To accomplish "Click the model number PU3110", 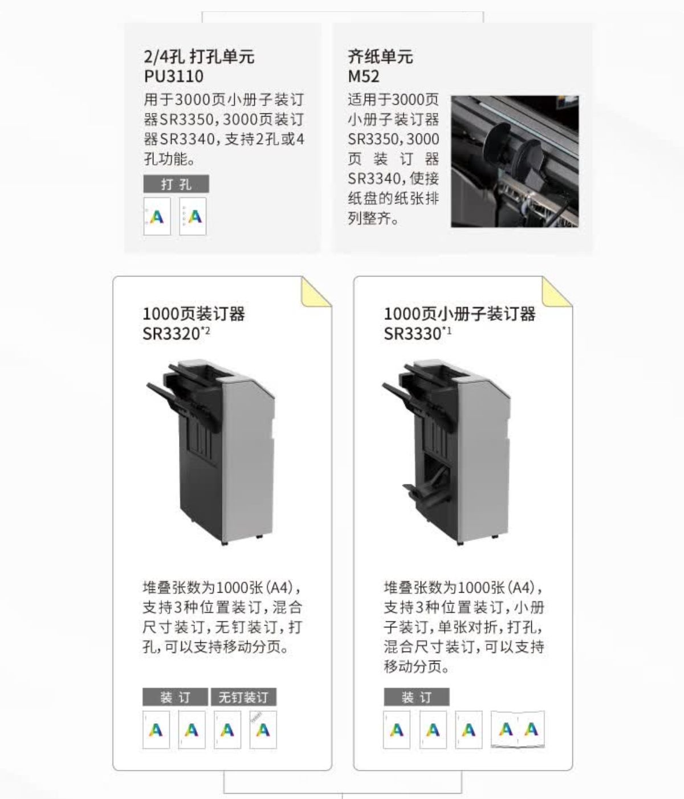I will tap(173, 76).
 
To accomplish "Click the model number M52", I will tap(363, 76).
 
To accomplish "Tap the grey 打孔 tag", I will tap(176, 184).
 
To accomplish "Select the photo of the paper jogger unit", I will tap(514, 161).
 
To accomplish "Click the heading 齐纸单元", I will tap(380, 56).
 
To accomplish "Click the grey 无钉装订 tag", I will tap(243, 697).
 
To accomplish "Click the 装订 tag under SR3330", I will tap(417, 697).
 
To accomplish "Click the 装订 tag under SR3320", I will tap(176, 697).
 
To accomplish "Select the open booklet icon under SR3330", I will tap(518, 729).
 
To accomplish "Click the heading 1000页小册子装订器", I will tap(459, 314).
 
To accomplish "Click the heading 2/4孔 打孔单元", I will tap(199, 56).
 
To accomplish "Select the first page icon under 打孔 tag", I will tap(157, 217).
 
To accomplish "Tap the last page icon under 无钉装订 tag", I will tap(263, 729).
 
